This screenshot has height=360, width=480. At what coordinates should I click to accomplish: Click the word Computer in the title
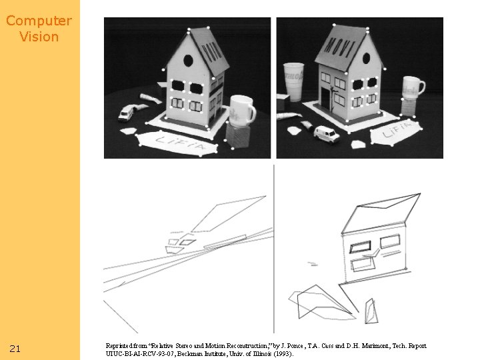39,21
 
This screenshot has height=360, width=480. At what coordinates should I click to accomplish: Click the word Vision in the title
39,37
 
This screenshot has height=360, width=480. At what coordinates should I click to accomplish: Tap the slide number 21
15,349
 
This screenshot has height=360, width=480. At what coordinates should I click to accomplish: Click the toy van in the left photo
126,113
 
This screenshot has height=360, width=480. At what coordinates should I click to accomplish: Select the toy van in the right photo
326,134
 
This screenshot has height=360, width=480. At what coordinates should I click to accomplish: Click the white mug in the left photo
243,111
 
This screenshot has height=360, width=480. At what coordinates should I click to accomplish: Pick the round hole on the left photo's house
188,61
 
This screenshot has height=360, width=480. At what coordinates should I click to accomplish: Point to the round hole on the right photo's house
366,58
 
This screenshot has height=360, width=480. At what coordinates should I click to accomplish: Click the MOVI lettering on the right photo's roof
340,47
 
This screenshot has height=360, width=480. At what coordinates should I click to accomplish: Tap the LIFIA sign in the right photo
396,131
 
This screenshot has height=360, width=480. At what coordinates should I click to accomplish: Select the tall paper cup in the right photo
293,82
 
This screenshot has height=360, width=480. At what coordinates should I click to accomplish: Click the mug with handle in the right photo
413,87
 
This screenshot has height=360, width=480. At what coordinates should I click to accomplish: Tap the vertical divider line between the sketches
274,249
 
